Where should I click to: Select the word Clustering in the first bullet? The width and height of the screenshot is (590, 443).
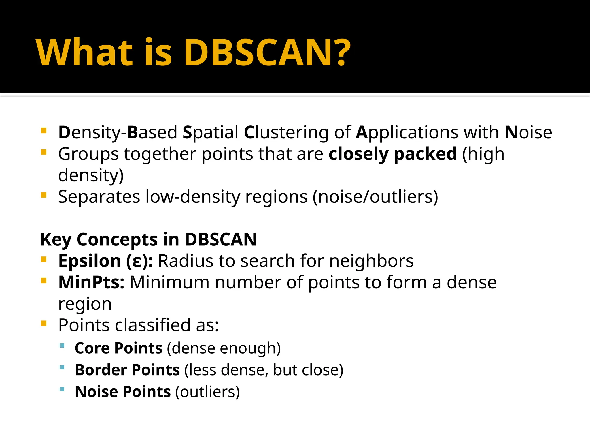point(286,133)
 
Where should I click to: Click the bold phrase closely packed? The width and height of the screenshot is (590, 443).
point(392,154)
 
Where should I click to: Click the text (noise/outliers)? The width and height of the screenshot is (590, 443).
point(375,197)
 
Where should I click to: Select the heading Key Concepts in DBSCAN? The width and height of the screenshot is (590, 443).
point(148,239)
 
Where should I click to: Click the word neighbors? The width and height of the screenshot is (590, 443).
point(371,261)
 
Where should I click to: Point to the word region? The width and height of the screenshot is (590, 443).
point(85,304)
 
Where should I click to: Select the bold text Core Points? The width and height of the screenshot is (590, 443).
point(118,348)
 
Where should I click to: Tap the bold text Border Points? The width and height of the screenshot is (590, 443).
point(127,370)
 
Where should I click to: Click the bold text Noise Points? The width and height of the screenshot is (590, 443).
point(123,392)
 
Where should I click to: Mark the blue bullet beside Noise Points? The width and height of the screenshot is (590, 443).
point(62,389)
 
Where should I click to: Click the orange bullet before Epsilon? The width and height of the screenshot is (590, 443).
point(44,259)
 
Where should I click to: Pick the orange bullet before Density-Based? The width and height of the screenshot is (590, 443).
point(44,131)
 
